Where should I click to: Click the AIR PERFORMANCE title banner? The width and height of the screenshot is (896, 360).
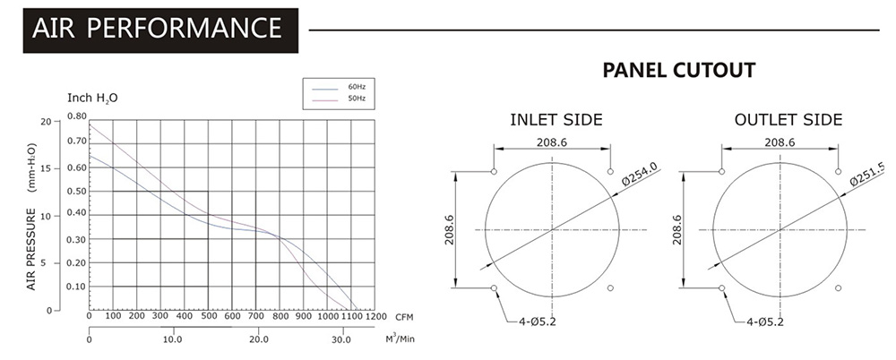point(160,30)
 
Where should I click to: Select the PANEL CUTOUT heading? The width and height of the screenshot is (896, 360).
point(679,70)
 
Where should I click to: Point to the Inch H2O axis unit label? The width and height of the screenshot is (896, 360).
point(92,98)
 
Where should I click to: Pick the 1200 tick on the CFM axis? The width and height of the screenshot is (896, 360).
point(375,317)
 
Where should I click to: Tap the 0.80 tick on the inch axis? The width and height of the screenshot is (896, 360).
point(77,116)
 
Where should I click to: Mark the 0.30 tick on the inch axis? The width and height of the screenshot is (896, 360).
point(77,239)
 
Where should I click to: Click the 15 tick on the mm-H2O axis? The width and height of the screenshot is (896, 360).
point(49,168)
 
